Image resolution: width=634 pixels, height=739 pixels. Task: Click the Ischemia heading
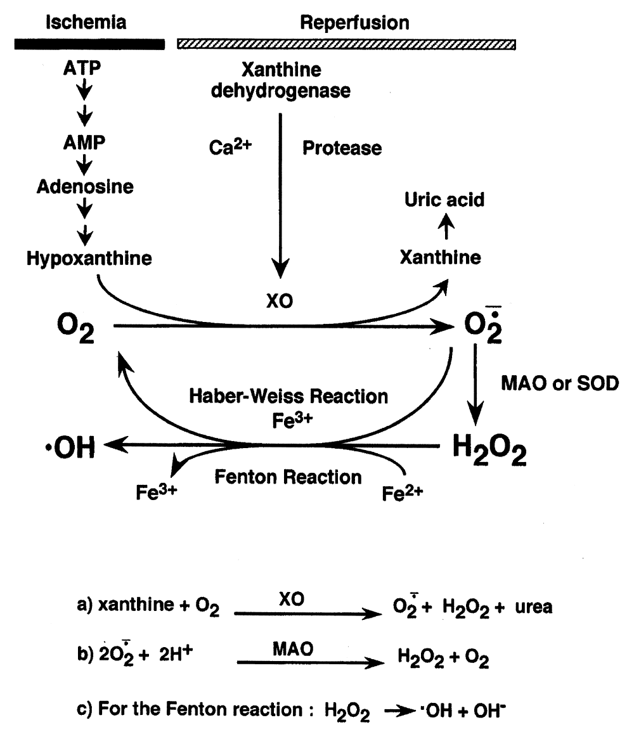(x=86, y=22)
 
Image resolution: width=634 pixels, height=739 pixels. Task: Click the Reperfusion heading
(x=354, y=23)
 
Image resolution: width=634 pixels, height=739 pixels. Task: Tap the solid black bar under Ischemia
(x=89, y=44)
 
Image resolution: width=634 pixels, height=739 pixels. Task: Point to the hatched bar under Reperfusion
(x=346, y=44)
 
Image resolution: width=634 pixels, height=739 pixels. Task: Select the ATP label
(x=82, y=68)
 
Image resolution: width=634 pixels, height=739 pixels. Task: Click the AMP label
(x=84, y=142)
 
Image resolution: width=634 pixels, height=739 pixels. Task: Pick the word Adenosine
(x=86, y=186)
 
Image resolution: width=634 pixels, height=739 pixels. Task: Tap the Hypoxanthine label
(x=89, y=259)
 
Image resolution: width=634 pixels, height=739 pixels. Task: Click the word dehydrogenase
(x=280, y=91)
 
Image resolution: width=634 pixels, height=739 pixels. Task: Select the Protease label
(x=342, y=148)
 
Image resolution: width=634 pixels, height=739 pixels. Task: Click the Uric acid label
(x=444, y=200)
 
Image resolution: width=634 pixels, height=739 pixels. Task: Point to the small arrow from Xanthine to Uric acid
(x=446, y=226)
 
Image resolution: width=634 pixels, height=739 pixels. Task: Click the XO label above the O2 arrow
(x=280, y=300)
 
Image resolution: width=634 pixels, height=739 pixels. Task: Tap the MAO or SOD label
(x=560, y=383)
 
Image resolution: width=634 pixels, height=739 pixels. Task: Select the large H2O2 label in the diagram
(x=489, y=449)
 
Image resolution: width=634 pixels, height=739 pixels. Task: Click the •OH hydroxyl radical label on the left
(x=70, y=447)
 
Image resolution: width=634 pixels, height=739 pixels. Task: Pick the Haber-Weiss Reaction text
(x=288, y=396)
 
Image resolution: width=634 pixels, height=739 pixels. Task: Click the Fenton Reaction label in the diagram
(x=288, y=477)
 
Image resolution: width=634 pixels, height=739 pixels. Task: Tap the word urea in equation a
(x=534, y=607)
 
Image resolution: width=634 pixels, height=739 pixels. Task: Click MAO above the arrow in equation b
(x=293, y=649)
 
